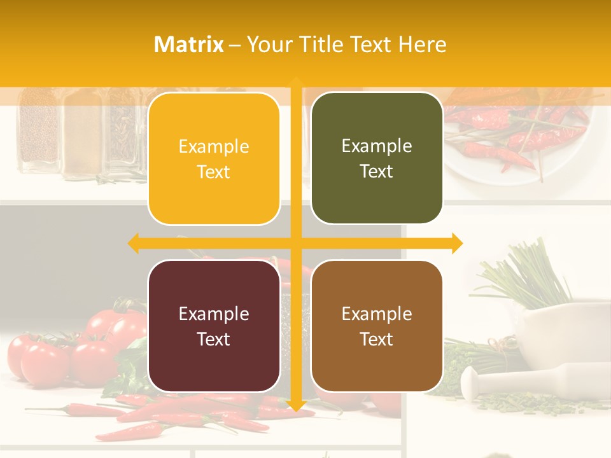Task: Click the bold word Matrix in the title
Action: pyautogui.click(x=189, y=45)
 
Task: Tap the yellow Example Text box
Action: pyautogui.click(x=214, y=159)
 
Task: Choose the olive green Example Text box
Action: pyautogui.click(x=377, y=158)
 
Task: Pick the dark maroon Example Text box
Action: pyautogui.click(x=214, y=326)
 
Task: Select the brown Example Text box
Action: pyautogui.click(x=377, y=326)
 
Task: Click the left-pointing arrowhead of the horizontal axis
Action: pyautogui.click(x=134, y=243)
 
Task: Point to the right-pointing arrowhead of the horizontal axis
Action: pyautogui.click(x=457, y=243)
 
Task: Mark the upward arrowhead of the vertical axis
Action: pyautogui.click(x=295, y=81)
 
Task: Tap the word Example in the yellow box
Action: pyautogui.click(x=214, y=147)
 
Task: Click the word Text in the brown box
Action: pyautogui.click(x=377, y=339)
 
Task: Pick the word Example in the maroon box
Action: pyautogui.click(x=214, y=314)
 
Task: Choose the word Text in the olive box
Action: pyautogui.click(x=377, y=172)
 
